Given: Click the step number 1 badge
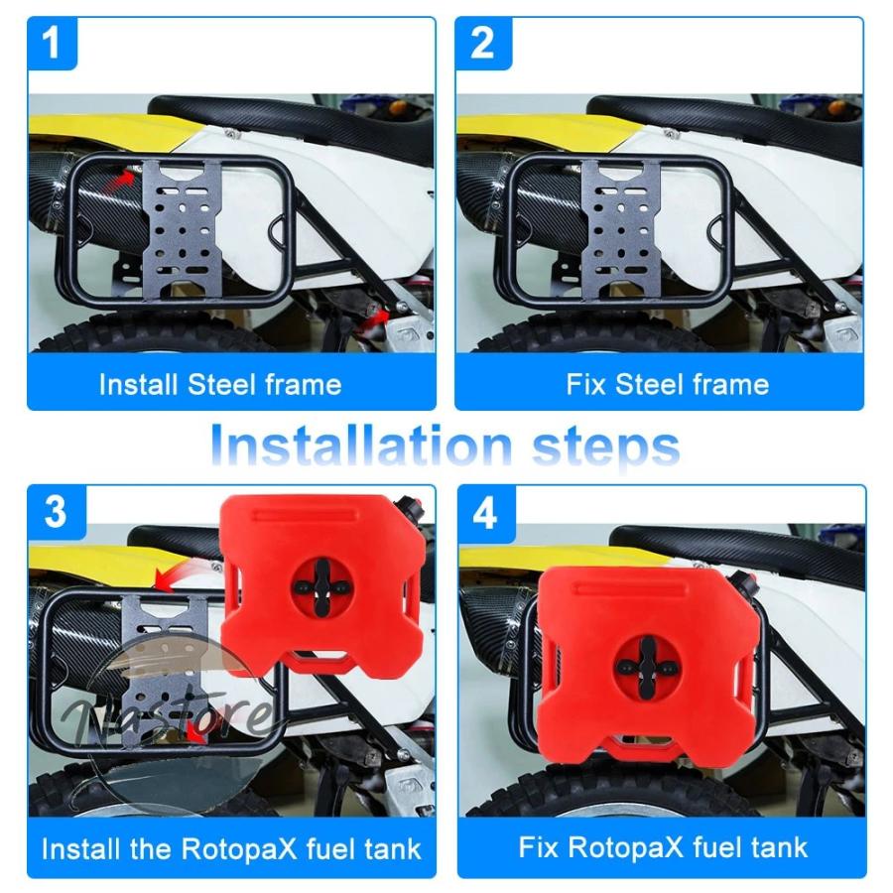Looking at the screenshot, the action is tap(52, 44).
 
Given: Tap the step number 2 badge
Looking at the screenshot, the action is tap(483, 44).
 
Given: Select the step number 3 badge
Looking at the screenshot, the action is tap(57, 511).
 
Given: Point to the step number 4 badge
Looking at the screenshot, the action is tap(486, 513).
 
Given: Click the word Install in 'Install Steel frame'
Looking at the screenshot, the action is tap(138, 384).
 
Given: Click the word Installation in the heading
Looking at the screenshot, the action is tap(360, 446).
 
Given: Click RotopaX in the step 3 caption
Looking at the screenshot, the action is tap(240, 849).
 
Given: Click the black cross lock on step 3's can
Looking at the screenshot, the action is tap(322, 586).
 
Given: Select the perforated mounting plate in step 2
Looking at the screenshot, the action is tap(622, 228).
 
